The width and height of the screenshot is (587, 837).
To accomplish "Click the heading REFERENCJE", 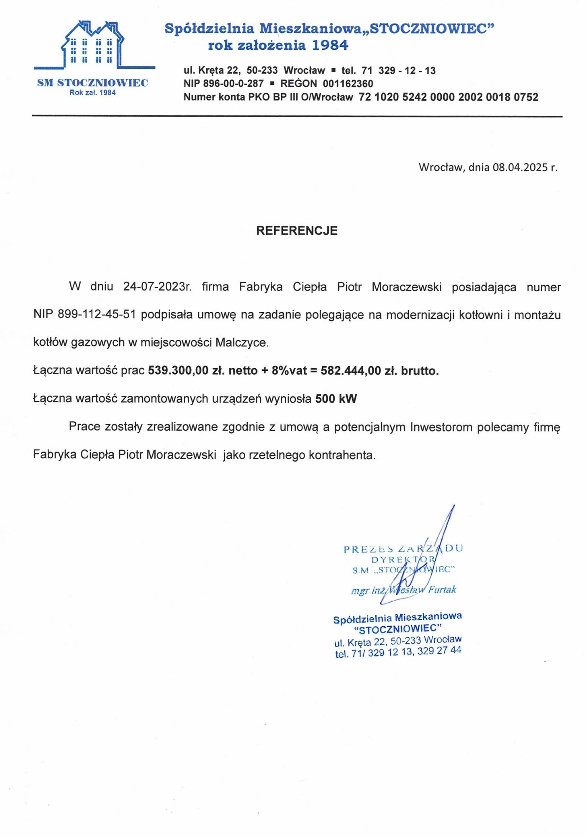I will click(x=297, y=231).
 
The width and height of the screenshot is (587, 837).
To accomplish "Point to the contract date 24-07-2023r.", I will click(x=157, y=287).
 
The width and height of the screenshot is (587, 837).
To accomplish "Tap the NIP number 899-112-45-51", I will click(x=97, y=314).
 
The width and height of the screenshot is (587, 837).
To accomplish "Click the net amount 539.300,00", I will click(x=178, y=370).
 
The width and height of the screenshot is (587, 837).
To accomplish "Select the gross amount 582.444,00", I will click(x=351, y=370).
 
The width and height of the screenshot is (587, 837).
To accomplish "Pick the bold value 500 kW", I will click(x=336, y=398).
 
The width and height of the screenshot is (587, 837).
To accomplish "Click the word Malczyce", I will click(x=241, y=342).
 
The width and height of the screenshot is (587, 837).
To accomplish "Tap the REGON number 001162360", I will click(x=348, y=84).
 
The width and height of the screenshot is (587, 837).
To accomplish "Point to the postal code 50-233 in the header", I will click(x=262, y=70).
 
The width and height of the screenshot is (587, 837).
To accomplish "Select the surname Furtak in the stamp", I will click(x=442, y=590).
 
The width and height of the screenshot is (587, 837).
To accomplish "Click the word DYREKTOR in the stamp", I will click(x=403, y=560).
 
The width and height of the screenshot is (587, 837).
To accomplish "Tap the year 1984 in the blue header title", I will click(x=330, y=45).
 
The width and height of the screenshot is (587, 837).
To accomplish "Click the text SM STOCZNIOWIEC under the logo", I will click(x=92, y=82).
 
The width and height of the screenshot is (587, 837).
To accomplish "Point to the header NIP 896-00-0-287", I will click(x=223, y=84).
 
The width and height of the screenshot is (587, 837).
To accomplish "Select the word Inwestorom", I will click(x=441, y=427).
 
